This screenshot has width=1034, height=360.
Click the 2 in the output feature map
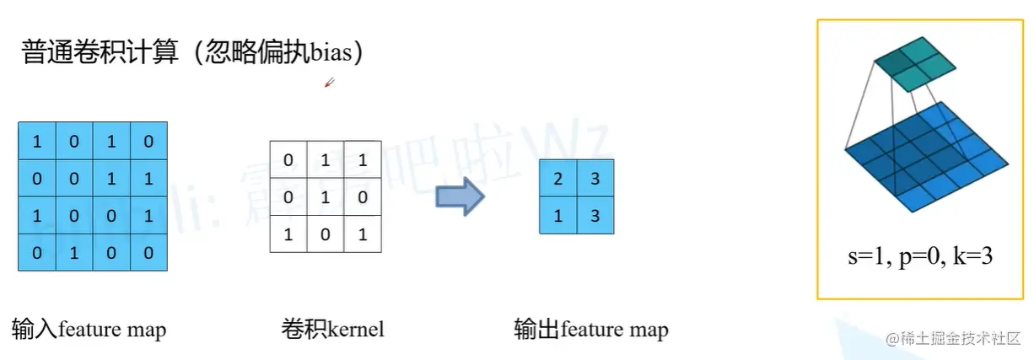[x=558, y=178]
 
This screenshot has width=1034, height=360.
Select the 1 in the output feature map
[x=558, y=215]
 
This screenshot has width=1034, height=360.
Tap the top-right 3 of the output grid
[x=595, y=178]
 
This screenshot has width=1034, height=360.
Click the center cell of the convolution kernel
[x=325, y=196]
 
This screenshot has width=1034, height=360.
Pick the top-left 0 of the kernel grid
[x=288, y=159]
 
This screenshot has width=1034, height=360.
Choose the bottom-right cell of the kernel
[x=362, y=234]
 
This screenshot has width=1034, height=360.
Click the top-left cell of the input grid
[x=36, y=141]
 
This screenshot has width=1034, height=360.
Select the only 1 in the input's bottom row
[x=74, y=252]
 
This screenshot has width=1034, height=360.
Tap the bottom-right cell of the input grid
[x=148, y=252]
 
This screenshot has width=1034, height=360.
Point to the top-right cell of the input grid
[x=148, y=141]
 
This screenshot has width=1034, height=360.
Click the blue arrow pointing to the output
[x=460, y=196]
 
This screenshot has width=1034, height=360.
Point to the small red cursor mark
[x=330, y=83]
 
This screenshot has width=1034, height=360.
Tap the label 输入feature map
[x=89, y=329]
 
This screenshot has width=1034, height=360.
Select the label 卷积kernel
[x=332, y=329]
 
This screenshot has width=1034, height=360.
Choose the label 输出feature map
[x=590, y=329]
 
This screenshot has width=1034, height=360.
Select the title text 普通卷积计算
[x=100, y=53]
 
